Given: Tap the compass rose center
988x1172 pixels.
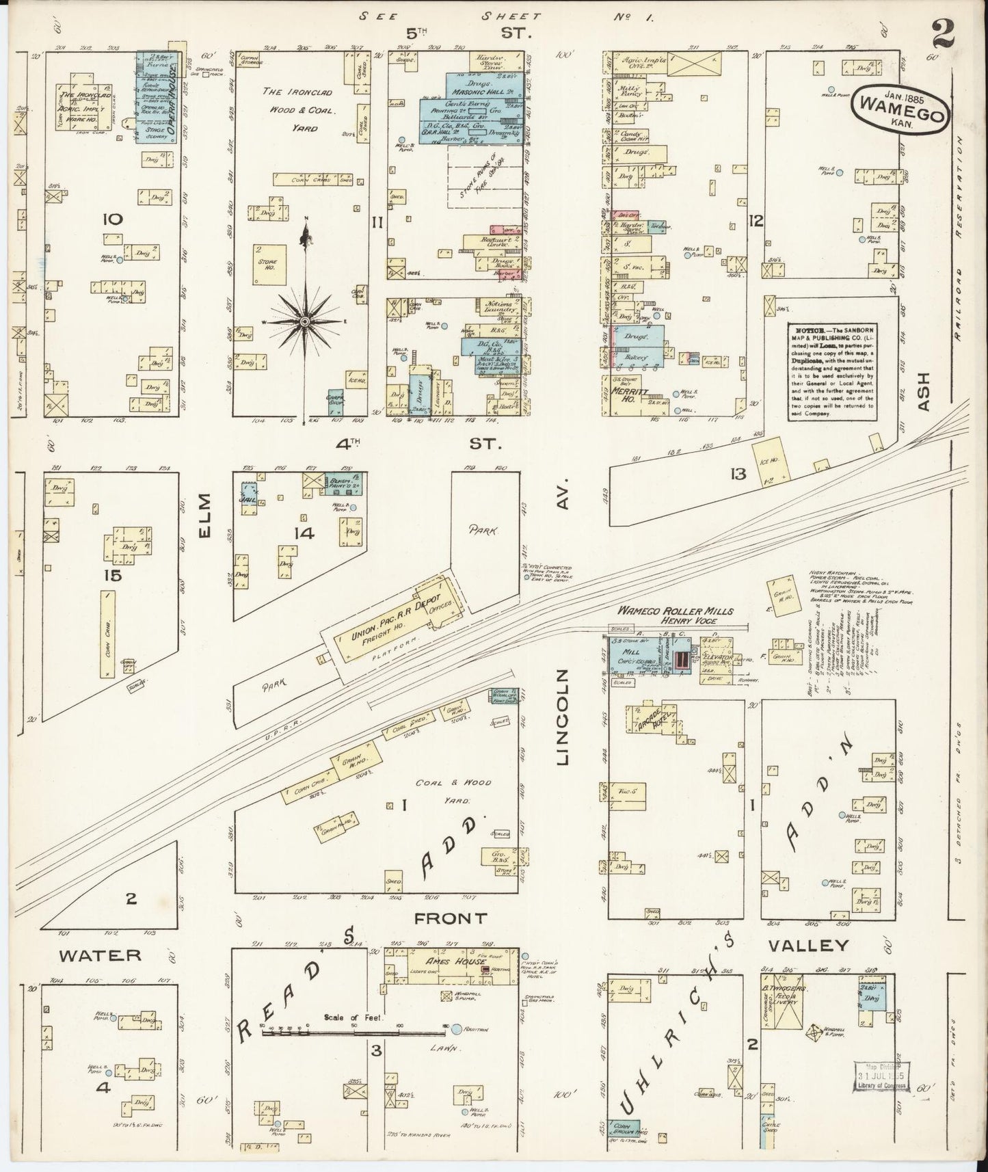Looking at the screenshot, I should (305, 321).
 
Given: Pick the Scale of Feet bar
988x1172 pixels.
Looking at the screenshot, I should (353, 1033).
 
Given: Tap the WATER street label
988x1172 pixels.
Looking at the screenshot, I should (99, 955).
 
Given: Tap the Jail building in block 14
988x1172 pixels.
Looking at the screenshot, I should (250, 496).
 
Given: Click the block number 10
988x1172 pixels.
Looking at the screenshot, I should (111, 219).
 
